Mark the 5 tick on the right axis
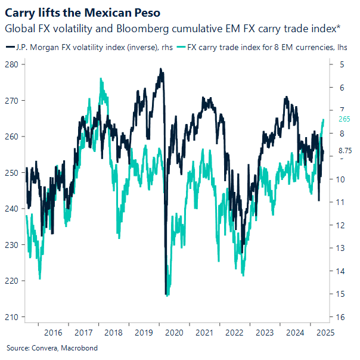coord(341,64)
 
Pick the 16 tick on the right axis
coord(341,316)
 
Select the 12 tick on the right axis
coord(341,225)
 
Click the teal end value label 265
coord(344,119)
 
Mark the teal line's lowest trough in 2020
coord(167,295)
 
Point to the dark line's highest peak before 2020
coord(160,69)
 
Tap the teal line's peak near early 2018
coord(101,79)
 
